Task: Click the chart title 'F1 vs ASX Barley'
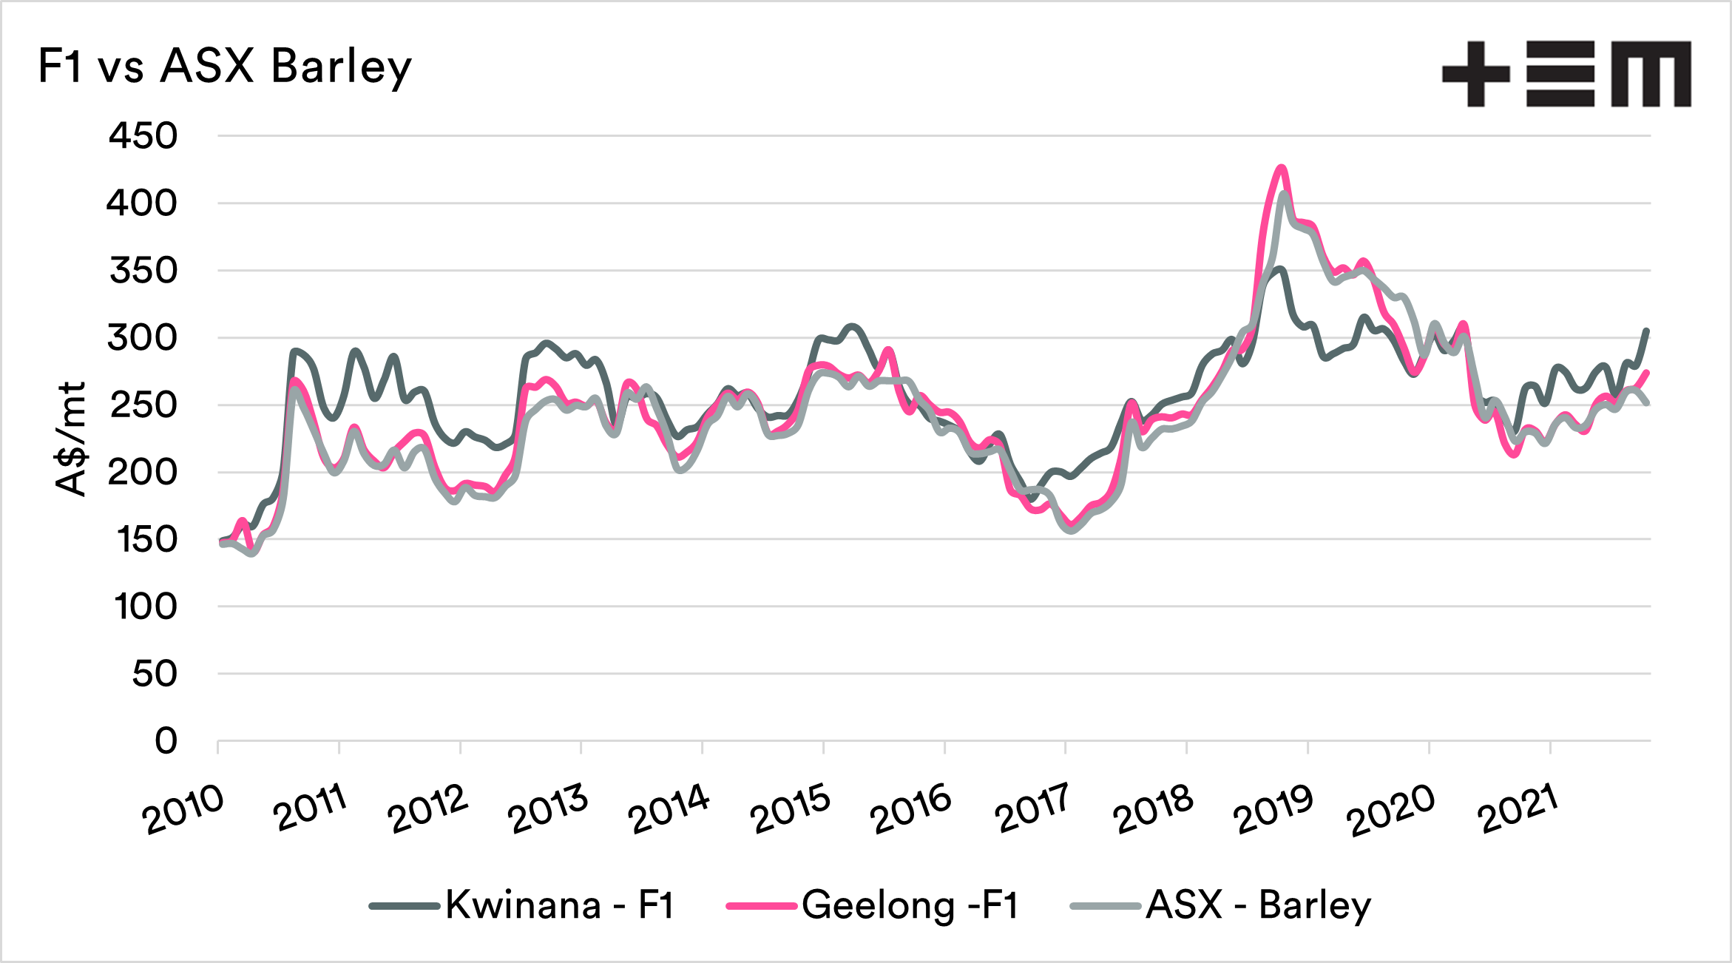pos(224,67)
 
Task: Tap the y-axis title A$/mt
pos(71,439)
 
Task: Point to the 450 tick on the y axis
pos(143,136)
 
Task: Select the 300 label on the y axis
pos(143,338)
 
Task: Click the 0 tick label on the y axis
pos(166,740)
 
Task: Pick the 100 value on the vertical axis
pos(146,606)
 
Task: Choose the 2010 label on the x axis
pos(184,810)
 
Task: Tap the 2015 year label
pos(791,810)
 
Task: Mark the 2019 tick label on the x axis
pos(1273,810)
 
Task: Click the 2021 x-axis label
pos(1518,810)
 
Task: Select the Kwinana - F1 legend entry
pos(523,905)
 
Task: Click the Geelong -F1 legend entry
pos(873,905)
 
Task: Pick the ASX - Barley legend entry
pos(1221,905)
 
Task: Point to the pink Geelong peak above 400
pos(1281,168)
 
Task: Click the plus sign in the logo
pos(1475,74)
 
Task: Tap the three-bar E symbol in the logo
pos(1560,74)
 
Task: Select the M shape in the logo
pos(1651,74)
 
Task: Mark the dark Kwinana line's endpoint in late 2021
pos(1646,331)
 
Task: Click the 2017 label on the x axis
pos(1032,810)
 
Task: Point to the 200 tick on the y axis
pos(143,473)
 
